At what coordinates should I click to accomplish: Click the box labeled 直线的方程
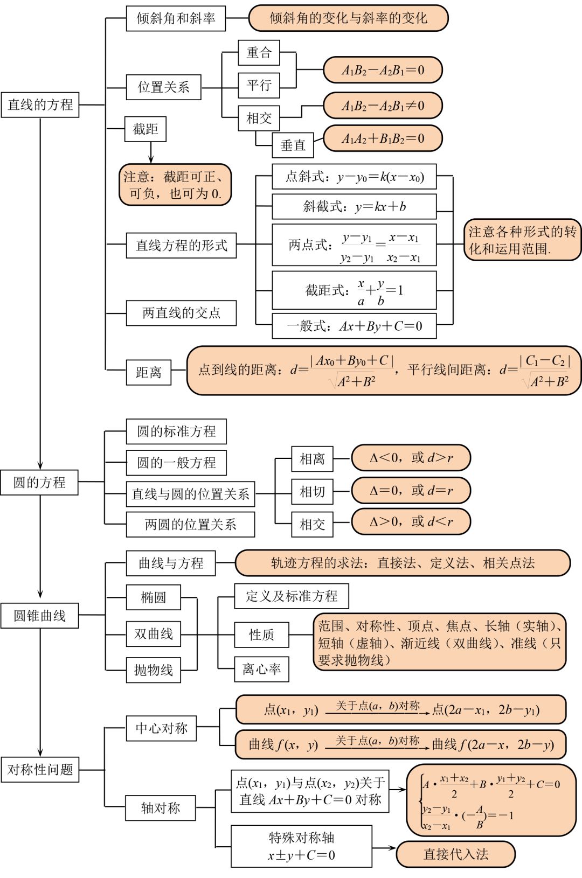pyautogui.click(x=40, y=104)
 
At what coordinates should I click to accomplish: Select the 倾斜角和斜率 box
pyautogui.click(x=176, y=18)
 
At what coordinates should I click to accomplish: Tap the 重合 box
pyautogui.click(x=259, y=53)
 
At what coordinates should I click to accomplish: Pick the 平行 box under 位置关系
pyautogui.click(x=259, y=85)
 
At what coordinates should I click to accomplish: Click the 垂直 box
pyautogui.click(x=293, y=145)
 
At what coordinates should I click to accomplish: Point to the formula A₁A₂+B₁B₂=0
pyautogui.click(x=383, y=138)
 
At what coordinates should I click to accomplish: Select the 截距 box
pyautogui.click(x=145, y=129)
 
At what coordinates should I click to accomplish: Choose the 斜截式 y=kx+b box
pyautogui.click(x=354, y=207)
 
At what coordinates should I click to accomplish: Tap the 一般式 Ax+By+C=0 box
pyautogui.click(x=354, y=326)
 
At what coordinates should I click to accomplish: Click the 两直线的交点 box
pyautogui.click(x=181, y=313)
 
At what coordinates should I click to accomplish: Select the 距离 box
pyautogui.click(x=148, y=372)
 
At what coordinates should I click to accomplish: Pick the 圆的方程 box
pyautogui.click(x=39, y=482)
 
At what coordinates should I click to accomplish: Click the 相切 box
pyautogui.click(x=312, y=492)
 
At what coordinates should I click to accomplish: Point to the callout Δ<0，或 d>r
pyautogui.click(x=411, y=458)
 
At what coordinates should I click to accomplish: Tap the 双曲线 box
pyautogui.click(x=153, y=634)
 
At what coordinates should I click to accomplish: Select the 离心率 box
pyautogui.click(x=261, y=670)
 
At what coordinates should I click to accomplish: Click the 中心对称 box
pyautogui.click(x=161, y=729)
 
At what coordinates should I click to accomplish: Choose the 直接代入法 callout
pyautogui.click(x=455, y=854)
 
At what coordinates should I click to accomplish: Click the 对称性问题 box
pyautogui.click(x=40, y=770)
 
